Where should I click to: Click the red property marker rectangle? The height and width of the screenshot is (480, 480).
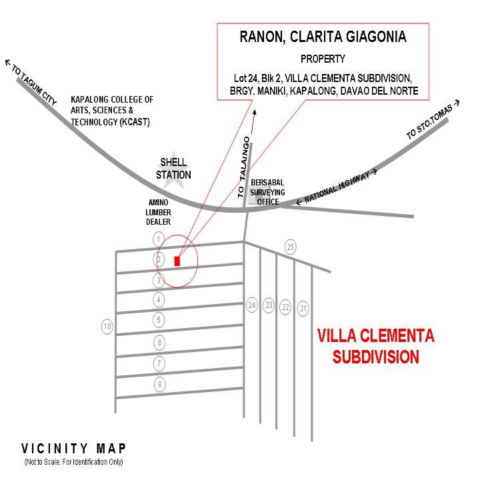[177, 261]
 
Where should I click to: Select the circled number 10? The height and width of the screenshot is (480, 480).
[107, 327]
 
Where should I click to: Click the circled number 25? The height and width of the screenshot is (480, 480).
[290, 247]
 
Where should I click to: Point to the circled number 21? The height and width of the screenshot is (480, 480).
[303, 308]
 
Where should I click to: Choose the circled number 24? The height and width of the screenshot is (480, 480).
[251, 305]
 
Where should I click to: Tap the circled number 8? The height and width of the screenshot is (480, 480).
[159, 384]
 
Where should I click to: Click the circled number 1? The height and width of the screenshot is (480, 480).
[159, 239]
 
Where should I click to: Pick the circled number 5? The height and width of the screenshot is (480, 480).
[159, 320]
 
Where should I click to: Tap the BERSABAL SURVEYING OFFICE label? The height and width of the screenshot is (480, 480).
[267, 193]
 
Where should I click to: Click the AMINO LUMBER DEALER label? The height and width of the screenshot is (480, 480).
[159, 212]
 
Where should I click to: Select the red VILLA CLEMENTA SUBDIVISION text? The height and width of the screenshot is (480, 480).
[375, 346]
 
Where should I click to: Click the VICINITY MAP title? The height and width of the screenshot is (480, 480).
[73, 448]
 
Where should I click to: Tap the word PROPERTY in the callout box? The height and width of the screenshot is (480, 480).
[323, 59]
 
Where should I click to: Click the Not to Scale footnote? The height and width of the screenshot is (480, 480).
[73, 462]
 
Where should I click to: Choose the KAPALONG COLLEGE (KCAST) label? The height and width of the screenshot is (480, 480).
[112, 111]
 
